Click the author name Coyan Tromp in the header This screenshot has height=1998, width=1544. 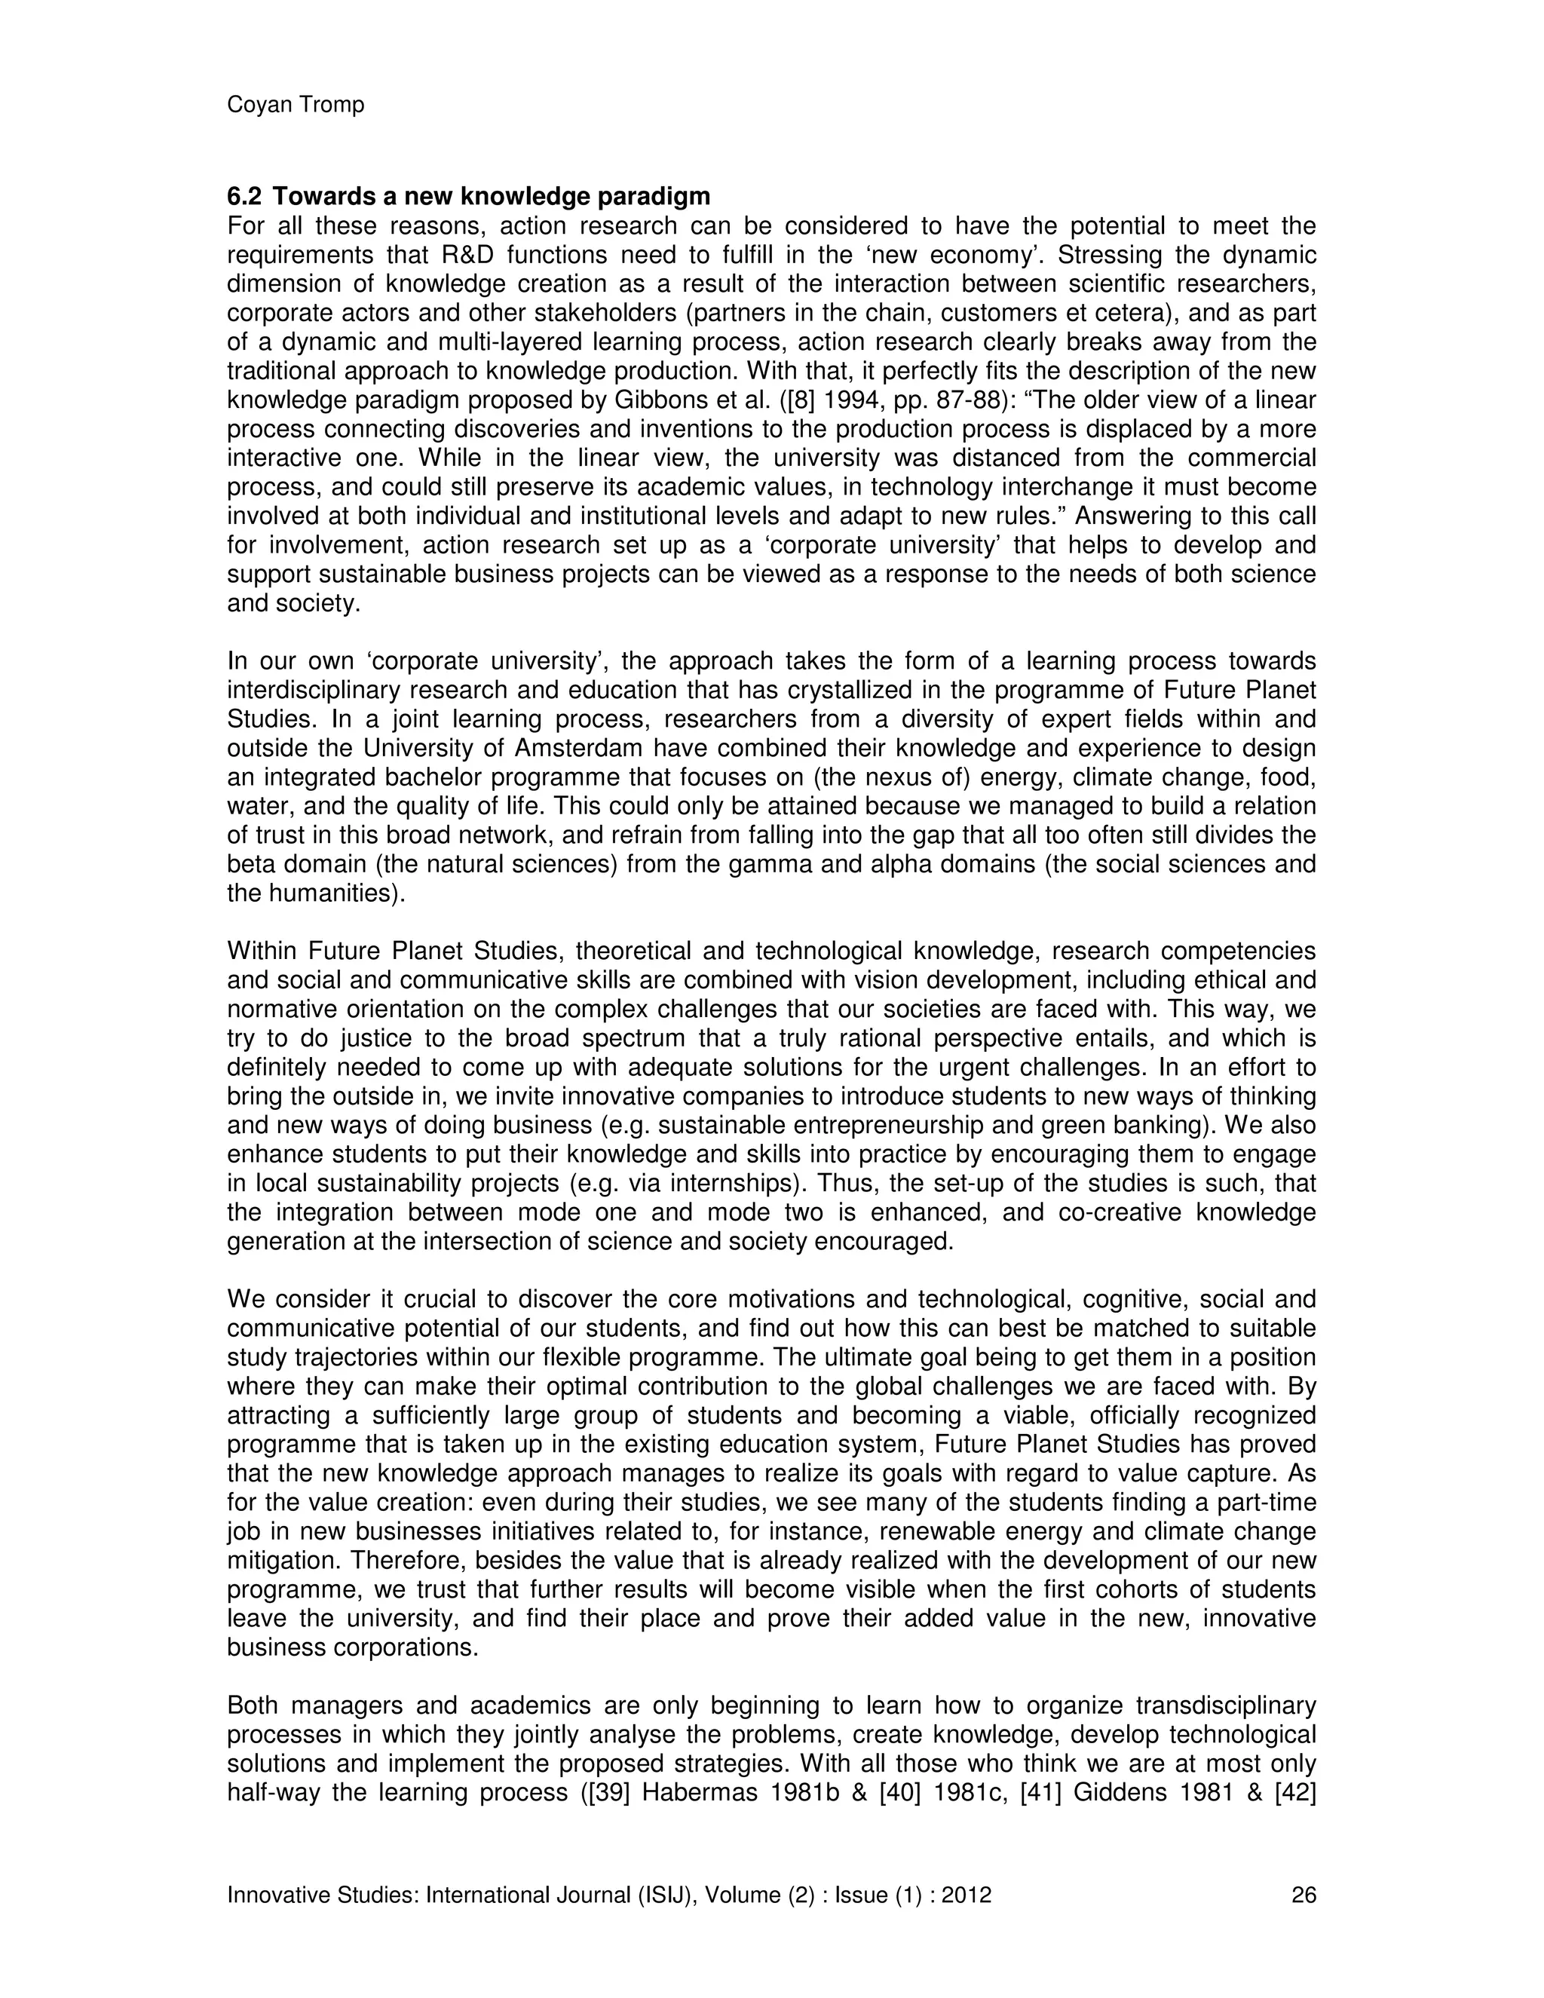coord(296,106)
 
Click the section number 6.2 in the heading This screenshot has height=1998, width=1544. coord(244,197)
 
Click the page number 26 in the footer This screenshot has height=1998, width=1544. coord(1304,1895)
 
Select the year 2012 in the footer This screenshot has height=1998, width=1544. coord(967,1895)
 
